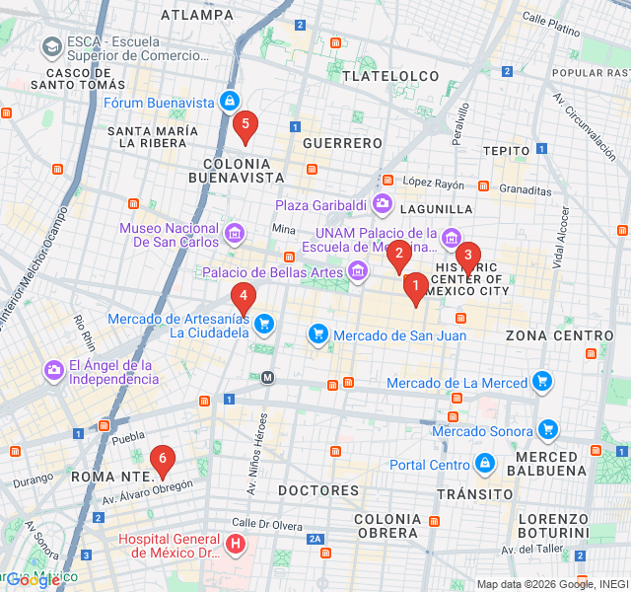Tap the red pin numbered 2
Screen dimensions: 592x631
click(x=398, y=256)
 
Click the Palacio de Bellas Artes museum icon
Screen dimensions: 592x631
click(x=358, y=271)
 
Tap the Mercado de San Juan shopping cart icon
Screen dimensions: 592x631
click(x=318, y=335)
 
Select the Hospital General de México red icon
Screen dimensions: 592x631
click(x=236, y=544)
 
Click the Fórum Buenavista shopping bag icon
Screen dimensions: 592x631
click(x=229, y=101)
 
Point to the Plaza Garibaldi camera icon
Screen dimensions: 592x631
click(x=383, y=205)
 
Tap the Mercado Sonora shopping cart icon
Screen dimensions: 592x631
click(x=548, y=429)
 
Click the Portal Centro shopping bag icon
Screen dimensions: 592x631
click(x=484, y=464)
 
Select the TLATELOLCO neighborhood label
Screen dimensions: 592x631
click(x=389, y=76)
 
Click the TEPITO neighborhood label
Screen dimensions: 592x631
click(x=508, y=150)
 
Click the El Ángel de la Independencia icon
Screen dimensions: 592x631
click(x=53, y=371)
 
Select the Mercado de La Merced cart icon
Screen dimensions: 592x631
click(x=541, y=381)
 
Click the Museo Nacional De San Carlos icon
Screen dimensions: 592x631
click(x=235, y=233)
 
